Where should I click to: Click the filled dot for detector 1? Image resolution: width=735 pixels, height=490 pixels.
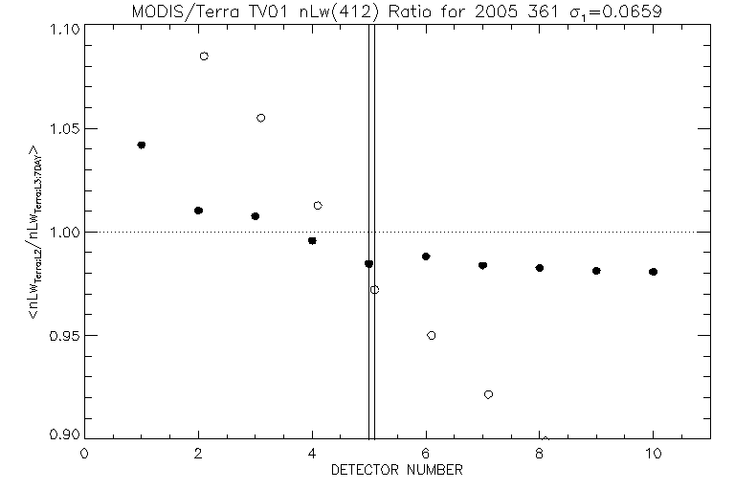[x=142, y=145]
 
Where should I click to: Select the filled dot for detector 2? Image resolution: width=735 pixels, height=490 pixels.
[x=198, y=211]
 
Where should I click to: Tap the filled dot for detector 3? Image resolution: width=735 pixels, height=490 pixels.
[x=256, y=216]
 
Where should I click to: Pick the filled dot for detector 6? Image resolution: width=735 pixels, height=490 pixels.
[x=426, y=256]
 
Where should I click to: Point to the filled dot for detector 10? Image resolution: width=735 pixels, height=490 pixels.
[x=653, y=272]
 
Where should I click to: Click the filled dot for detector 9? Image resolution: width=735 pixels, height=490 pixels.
[x=596, y=271]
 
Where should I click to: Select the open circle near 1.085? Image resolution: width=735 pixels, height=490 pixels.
[x=204, y=56]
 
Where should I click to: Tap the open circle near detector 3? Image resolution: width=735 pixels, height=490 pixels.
[x=261, y=118]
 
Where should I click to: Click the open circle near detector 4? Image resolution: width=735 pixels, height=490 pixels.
[x=318, y=206]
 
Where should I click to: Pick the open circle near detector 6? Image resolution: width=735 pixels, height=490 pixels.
[x=432, y=335]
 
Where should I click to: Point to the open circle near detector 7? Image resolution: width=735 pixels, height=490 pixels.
[x=488, y=394]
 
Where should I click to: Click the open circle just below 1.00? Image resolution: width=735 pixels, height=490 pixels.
[x=374, y=289]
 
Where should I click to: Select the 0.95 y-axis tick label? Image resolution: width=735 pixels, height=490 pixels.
[x=63, y=336]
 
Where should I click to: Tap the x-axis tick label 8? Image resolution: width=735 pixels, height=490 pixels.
[x=540, y=454]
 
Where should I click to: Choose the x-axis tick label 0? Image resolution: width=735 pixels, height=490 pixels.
[x=85, y=454]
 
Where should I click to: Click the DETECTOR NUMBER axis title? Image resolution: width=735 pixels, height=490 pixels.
[x=397, y=470]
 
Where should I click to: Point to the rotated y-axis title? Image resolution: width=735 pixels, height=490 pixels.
[x=35, y=232]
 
